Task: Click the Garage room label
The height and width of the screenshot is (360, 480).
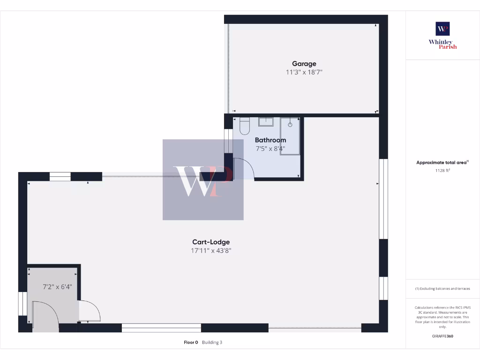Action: (304, 64)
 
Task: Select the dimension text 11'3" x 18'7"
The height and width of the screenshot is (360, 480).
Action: (304, 72)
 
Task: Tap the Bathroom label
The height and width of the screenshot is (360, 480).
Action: (270, 140)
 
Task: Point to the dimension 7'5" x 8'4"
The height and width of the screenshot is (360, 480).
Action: (270, 149)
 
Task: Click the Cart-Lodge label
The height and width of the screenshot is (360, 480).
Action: (211, 242)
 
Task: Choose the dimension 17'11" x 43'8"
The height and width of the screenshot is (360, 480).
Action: (211, 251)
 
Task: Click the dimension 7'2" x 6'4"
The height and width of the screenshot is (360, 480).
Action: (57, 287)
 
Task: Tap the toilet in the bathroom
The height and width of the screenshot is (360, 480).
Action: (245, 125)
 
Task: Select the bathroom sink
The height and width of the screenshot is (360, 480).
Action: (266, 122)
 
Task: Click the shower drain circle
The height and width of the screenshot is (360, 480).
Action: (290, 125)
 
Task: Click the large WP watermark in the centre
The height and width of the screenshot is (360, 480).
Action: (202, 180)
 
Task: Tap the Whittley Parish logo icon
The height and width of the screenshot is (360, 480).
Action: (442, 29)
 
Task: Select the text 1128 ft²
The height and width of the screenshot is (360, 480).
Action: (442, 171)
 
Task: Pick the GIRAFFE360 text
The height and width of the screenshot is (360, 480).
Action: (442, 336)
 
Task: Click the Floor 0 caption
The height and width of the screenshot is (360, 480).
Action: (191, 343)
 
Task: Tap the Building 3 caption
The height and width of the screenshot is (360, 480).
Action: (212, 343)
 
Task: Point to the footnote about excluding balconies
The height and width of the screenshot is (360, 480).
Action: (442, 289)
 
